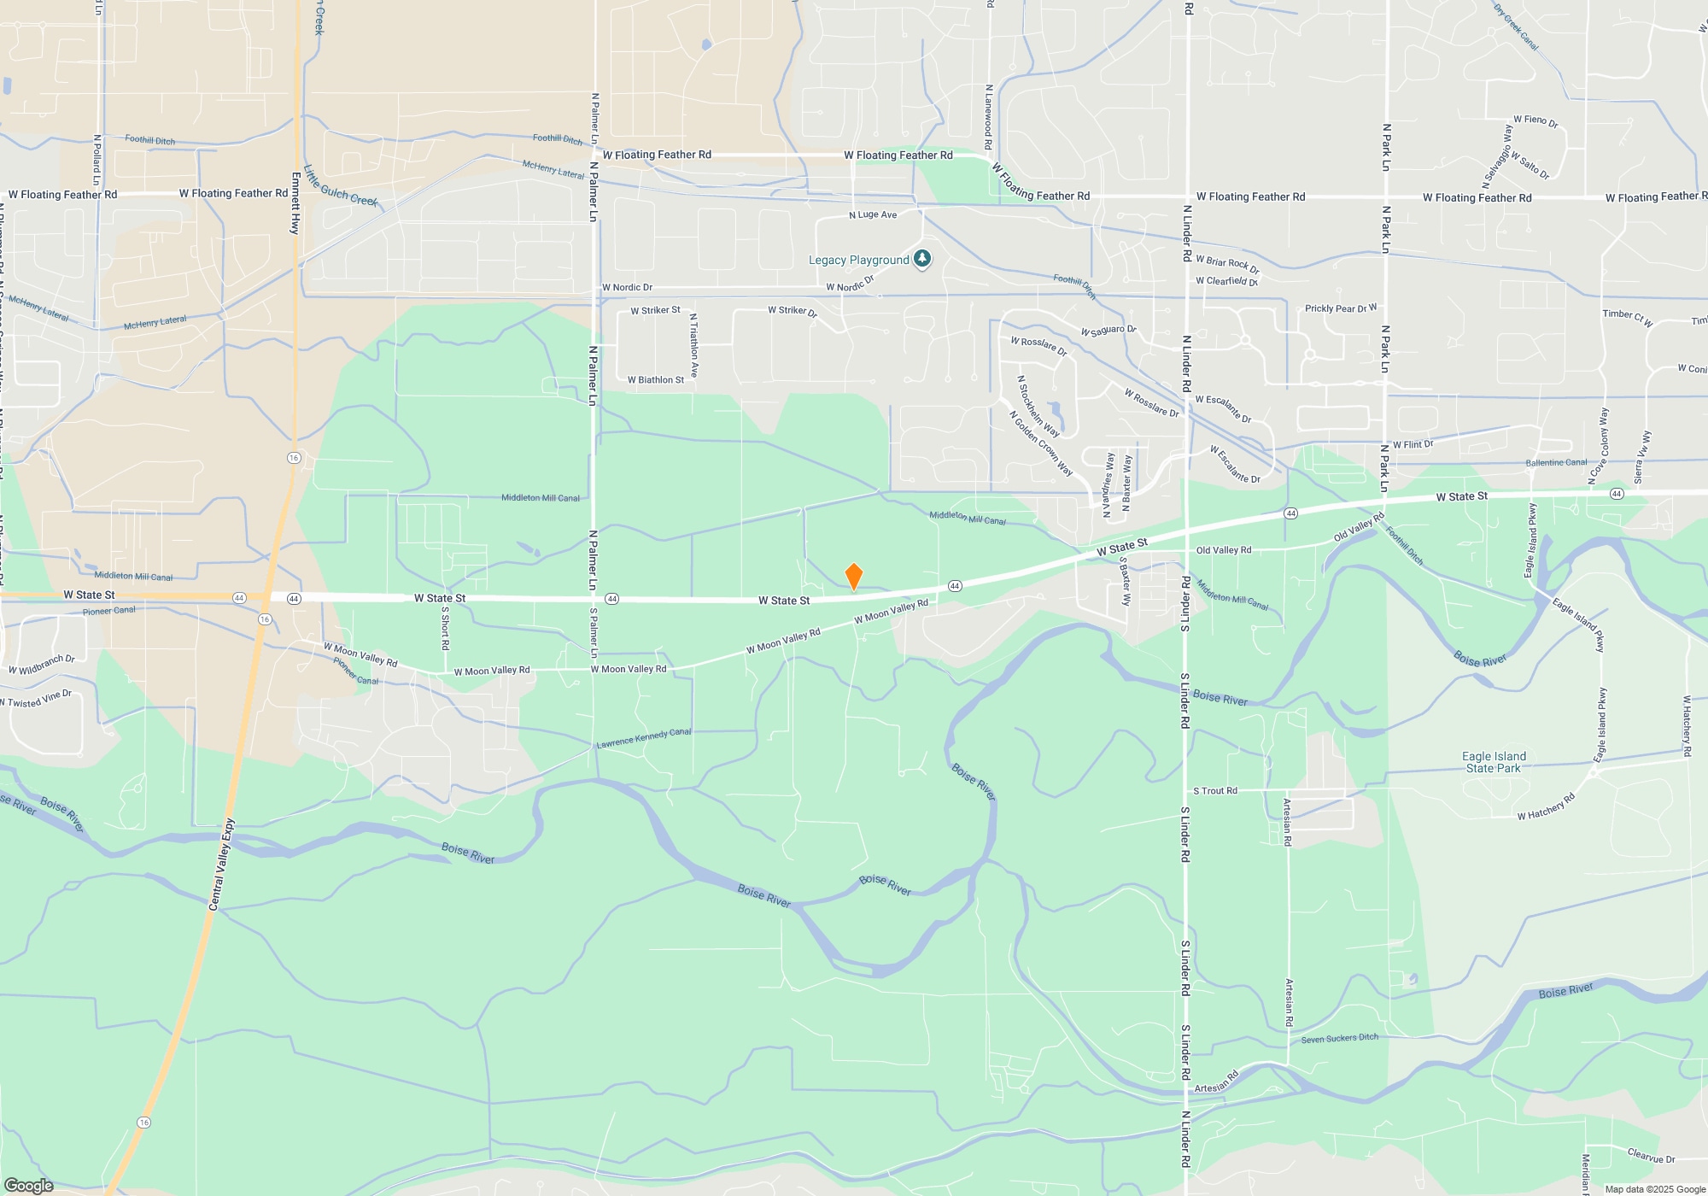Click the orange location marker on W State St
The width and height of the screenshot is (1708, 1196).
853,577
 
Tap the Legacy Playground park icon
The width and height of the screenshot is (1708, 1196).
921,259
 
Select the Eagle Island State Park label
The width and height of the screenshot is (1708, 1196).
1494,762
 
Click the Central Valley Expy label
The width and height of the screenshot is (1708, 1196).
223,865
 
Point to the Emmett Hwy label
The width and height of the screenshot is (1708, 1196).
295,203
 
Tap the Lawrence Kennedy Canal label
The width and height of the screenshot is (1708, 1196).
644,738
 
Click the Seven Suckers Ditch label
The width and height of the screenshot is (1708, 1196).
1339,1039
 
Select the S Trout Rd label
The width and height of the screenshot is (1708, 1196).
1214,791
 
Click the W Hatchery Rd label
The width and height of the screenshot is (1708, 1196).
1546,807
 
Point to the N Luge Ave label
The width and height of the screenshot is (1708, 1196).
873,215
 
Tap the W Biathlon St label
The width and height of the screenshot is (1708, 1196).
655,380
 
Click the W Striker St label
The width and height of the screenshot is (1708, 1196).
655,310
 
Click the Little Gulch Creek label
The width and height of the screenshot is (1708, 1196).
341,186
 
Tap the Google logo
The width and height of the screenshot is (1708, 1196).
28,1185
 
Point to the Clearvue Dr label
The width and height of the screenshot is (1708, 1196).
1651,1156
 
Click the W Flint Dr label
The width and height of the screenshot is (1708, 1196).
1413,445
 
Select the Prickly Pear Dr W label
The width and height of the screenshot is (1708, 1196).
1340,308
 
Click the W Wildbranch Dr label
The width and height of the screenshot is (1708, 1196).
42,664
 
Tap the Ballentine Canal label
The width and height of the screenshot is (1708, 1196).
1556,463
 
